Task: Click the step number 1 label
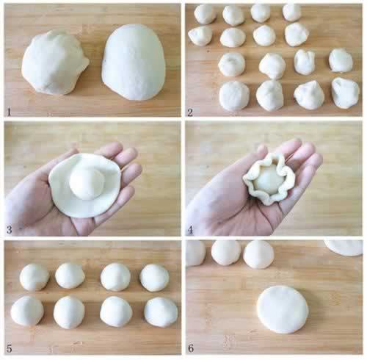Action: pyautogui.click(x=9, y=112)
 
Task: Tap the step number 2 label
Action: pyautogui.click(x=190, y=112)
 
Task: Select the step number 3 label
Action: pyautogui.click(x=10, y=230)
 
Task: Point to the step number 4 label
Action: pyautogui.click(x=190, y=230)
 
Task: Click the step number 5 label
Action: pyautogui.click(x=10, y=348)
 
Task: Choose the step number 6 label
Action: pyautogui.click(x=191, y=348)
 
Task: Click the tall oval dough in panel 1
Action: pyautogui.click(x=134, y=62)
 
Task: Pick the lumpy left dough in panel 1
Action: pyautogui.click(x=55, y=62)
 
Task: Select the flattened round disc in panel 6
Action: pyautogui.click(x=283, y=309)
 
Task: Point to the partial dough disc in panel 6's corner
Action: pyautogui.click(x=344, y=248)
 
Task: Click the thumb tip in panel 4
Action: pyautogui.click(x=261, y=148)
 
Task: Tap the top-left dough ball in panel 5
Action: pyautogui.click(x=34, y=277)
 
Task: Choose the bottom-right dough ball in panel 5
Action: pyautogui.click(x=161, y=312)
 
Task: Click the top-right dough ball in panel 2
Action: pyautogui.click(x=291, y=12)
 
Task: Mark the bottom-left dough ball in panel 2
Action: pyautogui.click(x=234, y=96)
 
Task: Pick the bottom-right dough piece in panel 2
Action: pyautogui.click(x=346, y=93)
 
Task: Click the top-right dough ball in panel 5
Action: pyautogui.click(x=154, y=278)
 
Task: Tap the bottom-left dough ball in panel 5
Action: pyautogui.click(x=27, y=311)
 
